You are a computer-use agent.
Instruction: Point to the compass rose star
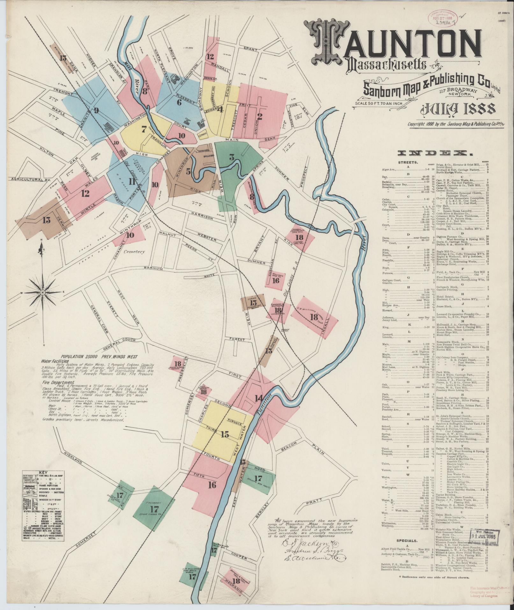[x=42, y=292]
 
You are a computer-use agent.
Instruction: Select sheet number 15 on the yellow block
[x=225, y=434]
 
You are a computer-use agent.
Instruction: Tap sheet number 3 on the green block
[x=232, y=157]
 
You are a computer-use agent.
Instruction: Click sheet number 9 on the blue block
[x=96, y=111]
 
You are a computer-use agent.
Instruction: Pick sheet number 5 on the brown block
[x=189, y=171]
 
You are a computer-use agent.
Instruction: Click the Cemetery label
[x=135, y=252]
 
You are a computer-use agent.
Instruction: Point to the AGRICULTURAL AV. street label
[x=27, y=180]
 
